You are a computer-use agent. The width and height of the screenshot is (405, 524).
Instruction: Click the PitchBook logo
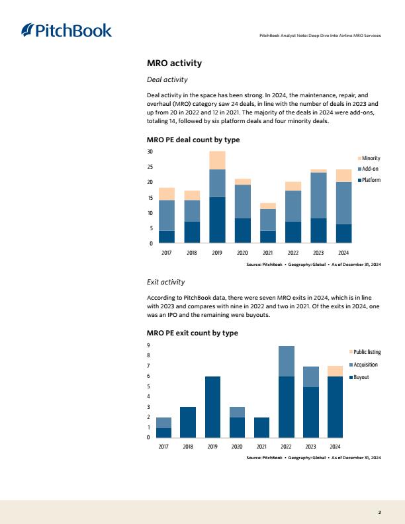click(66, 30)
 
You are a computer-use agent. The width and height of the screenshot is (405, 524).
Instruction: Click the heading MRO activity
click(175, 63)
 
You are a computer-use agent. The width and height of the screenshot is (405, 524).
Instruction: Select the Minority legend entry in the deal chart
click(369, 158)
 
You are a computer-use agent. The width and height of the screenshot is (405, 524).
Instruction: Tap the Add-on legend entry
click(368, 169)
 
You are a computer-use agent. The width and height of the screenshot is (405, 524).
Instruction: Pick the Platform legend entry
click(369, 180)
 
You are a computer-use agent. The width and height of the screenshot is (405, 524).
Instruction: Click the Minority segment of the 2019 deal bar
click(217, 160)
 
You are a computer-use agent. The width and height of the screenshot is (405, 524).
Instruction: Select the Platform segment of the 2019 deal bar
click(217, 220)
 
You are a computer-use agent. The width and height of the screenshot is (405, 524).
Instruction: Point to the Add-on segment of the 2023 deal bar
click(318, 195)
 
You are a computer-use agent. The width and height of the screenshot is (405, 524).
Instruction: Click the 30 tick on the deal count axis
click(150, 152)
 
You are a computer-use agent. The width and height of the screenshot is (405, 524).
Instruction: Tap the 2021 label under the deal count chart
click(267, 253)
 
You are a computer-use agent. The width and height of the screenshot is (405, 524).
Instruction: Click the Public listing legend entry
click(365, 352)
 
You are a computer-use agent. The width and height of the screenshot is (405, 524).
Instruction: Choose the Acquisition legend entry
click(363, 365)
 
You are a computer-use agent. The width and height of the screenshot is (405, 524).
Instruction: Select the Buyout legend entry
click(359, 377)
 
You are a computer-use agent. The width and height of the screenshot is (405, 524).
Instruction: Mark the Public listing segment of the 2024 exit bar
click(335, 371)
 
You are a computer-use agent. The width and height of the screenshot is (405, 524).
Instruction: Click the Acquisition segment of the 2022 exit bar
click(287, 361)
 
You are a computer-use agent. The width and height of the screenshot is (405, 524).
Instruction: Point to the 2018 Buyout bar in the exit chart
click(188, 422)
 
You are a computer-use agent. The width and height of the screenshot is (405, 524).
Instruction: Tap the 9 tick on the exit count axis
click(148, 345)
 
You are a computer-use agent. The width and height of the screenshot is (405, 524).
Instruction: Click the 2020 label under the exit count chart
click(237, 447)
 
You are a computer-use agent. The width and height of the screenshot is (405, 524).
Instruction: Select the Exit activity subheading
click(165, 282)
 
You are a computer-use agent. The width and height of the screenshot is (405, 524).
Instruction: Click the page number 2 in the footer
click(379, 512)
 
